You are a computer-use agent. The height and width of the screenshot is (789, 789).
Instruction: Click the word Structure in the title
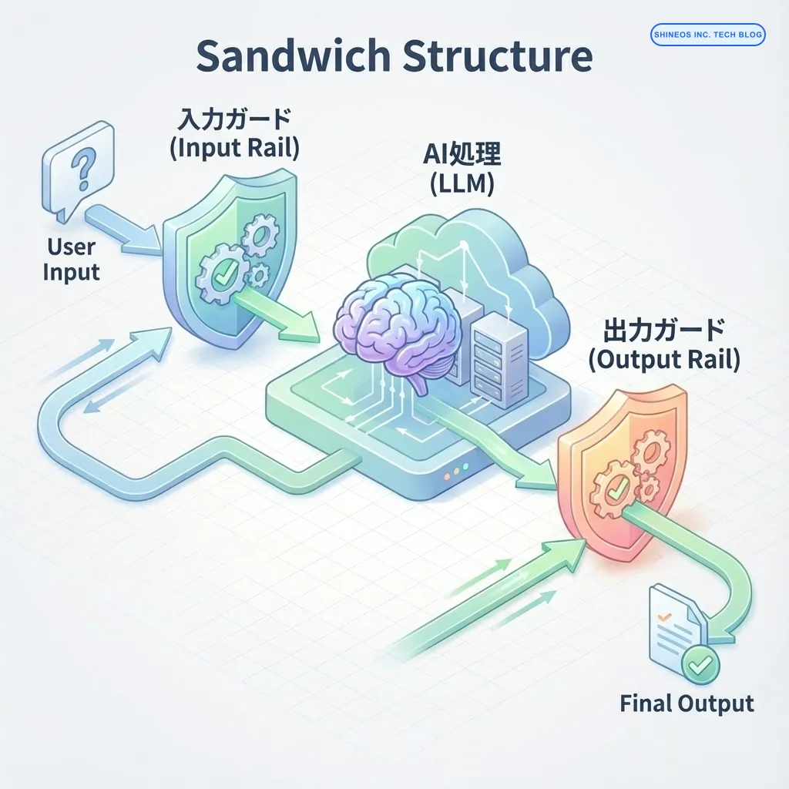(x=497, y=58)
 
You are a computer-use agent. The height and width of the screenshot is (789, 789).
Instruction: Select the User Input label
(x=71, y=260)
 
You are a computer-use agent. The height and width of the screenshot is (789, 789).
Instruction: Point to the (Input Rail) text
(x=233, y=149)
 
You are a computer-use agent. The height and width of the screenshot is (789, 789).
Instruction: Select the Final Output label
(x=687, y=703)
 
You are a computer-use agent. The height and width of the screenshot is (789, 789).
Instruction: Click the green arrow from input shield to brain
(x=281, y=315)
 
